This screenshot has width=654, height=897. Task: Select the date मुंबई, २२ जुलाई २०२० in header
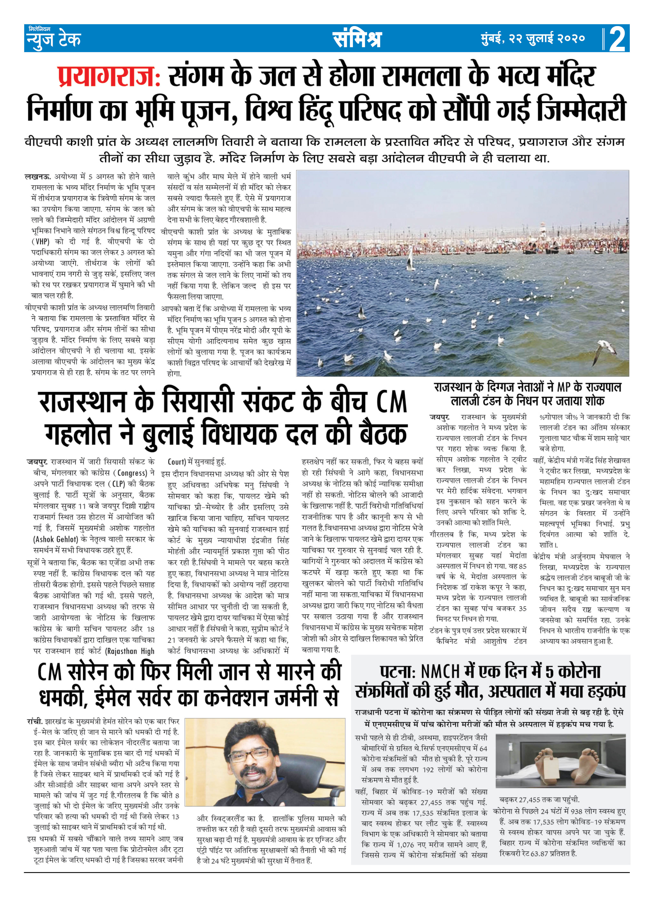(x=532, y=39)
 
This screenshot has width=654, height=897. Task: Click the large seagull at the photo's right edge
(x=606, y=349)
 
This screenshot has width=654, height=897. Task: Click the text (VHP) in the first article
(x=40, y=241)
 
